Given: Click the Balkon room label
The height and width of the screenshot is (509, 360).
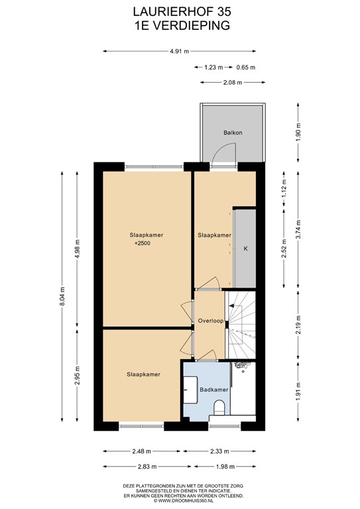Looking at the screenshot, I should click(233, 133).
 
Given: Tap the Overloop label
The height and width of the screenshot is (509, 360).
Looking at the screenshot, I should click(209, 321).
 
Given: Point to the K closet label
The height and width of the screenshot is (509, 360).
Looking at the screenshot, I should click(245, 249).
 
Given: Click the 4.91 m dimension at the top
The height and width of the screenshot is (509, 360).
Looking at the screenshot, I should click(180, 51).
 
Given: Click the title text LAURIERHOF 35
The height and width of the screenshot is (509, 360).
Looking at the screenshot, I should click(180, 11).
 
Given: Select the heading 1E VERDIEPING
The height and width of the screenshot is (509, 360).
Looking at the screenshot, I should click(180, 26).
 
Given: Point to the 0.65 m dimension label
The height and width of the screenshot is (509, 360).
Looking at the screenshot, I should click(245, 67).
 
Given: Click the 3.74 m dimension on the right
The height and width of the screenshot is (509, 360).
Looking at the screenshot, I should click(299, 229).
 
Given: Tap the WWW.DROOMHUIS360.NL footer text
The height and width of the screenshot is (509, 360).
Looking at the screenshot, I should click(180, 500).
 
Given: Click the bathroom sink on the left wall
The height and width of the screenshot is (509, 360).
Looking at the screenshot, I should click(190, 388).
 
